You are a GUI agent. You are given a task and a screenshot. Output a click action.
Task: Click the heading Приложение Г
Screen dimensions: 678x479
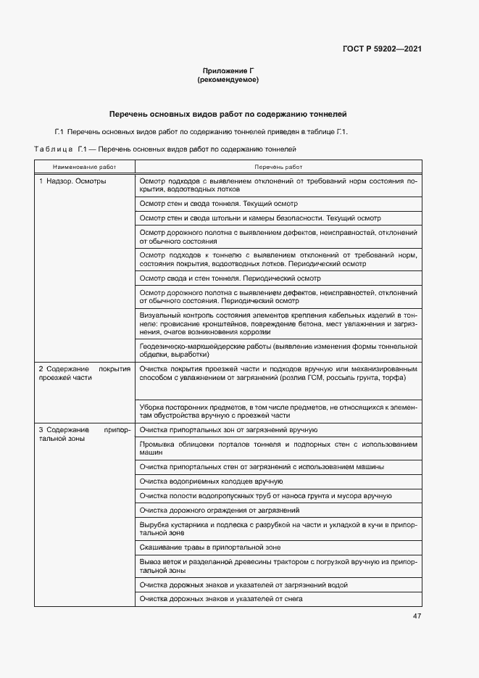[228, 70]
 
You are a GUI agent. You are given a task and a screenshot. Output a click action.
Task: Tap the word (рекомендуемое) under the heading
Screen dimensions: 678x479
[228, 79]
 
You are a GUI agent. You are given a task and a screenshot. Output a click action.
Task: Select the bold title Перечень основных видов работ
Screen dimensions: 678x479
[228, 114]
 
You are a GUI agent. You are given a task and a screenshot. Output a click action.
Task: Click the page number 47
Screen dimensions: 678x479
[417, 616]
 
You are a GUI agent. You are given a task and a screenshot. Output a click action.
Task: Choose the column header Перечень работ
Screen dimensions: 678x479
[278, 167]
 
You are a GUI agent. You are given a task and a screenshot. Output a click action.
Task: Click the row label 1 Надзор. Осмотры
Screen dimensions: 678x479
[72, 181]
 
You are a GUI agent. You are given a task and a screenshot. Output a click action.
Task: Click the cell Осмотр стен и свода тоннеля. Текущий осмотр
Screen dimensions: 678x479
[218, 204]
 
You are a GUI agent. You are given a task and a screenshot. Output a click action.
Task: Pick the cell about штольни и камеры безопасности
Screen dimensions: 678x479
[259, 218]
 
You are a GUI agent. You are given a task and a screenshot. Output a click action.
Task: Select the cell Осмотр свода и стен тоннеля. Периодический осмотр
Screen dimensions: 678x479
[230, 278]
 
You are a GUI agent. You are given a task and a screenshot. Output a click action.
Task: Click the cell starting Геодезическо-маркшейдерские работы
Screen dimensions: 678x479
[278, 351]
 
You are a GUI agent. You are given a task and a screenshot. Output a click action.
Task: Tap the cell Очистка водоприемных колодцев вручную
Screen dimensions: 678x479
[211, 481]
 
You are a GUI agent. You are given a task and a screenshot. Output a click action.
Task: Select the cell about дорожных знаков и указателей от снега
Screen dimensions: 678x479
[221, 599]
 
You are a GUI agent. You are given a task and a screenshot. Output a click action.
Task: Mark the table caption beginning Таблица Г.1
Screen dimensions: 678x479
[166, 149]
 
